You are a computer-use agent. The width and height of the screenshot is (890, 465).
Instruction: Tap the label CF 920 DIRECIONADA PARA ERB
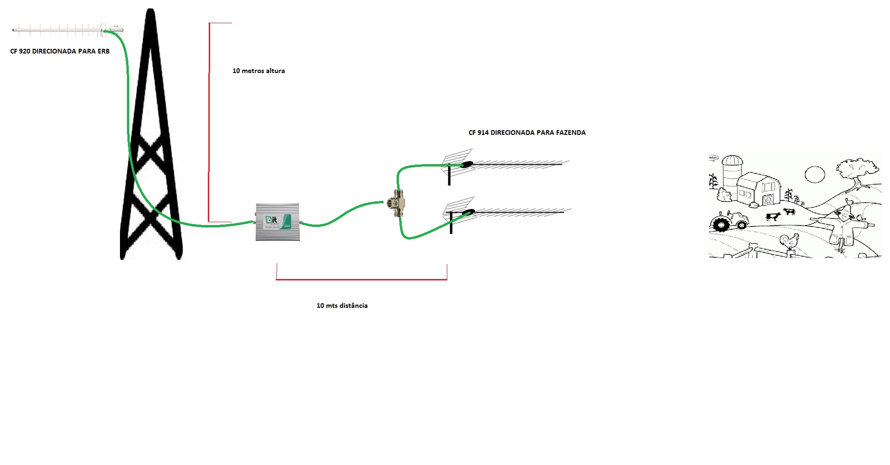60,51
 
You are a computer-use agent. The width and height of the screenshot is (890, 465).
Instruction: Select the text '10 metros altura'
259,71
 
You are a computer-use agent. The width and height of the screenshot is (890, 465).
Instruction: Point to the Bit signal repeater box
277,222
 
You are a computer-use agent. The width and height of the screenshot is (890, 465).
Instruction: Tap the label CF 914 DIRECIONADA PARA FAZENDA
527,133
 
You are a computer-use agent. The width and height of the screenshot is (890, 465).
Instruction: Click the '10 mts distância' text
342,306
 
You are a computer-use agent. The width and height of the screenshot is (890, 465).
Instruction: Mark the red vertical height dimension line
209,121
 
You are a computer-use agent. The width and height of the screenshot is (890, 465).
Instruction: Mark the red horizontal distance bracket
361,279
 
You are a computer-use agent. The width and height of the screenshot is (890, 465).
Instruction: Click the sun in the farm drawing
815,175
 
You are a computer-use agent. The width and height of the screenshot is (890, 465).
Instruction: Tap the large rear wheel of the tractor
721,224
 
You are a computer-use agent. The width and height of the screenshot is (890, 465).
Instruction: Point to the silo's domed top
732,159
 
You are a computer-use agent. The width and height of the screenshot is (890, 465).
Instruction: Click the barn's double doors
768,199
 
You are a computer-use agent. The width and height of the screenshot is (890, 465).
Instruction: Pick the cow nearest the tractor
773,216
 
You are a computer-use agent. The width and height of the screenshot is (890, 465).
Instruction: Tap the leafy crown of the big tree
858,167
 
